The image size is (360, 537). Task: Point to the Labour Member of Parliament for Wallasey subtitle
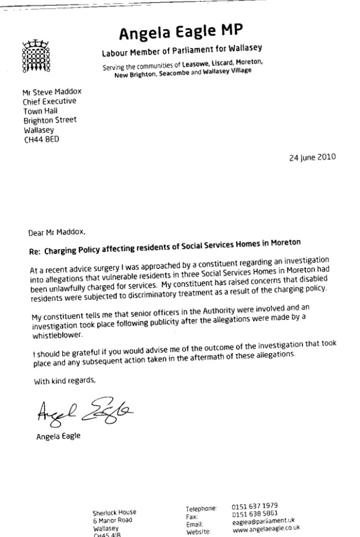pos(179,54)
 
